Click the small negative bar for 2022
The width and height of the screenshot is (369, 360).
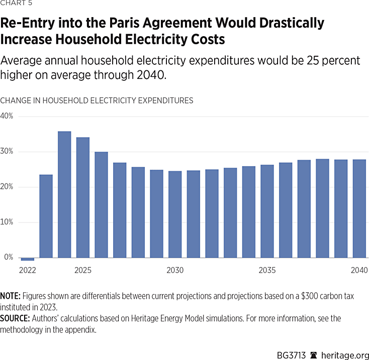[28, 259]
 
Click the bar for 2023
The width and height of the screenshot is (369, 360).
[46, 216]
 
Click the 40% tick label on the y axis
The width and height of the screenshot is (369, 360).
[7, 116]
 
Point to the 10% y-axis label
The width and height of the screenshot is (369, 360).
[7, 222]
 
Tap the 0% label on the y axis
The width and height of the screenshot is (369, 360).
[9, 258]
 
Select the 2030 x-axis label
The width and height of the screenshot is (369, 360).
[175, 271]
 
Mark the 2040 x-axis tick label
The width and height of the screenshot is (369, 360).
[359, 271]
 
